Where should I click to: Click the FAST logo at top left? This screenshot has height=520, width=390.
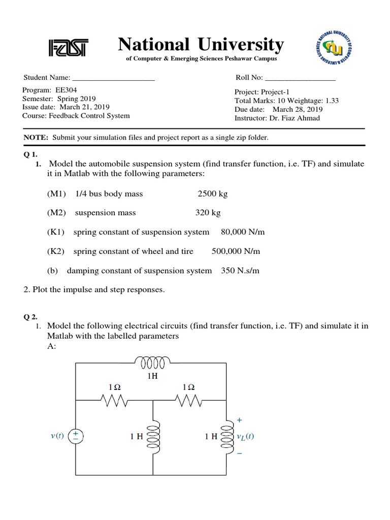tap(68, 48)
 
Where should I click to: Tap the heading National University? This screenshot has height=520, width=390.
tap(201, 45)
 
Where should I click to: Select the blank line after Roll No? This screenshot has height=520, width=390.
tap(300, 78)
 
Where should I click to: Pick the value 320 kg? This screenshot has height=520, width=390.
tap(208, 213)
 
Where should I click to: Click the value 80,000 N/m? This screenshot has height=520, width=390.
tap(243, 232)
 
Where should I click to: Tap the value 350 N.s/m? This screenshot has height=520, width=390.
tap(240, 271)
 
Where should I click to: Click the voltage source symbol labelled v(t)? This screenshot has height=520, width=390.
tap(76, 436)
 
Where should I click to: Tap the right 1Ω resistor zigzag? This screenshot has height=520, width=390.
tap(188, 402)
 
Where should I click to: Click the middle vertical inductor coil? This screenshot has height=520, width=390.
tap(153, 436)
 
